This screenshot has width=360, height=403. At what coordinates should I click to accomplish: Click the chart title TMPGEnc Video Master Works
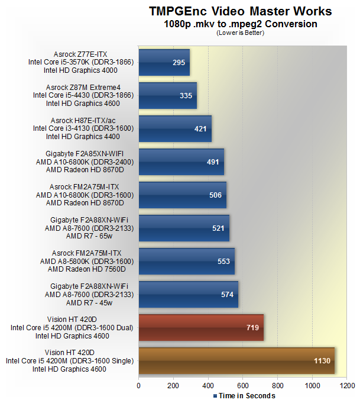pos(240,11)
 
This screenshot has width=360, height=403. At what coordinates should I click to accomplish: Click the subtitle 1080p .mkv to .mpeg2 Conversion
pos(240,24)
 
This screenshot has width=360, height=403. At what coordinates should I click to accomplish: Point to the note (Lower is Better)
pos(240,33)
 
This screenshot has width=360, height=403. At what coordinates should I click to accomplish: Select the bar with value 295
pos(164,62)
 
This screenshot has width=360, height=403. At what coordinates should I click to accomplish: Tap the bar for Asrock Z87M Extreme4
pos(167,95)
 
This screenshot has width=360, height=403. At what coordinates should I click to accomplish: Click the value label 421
pos(202,128)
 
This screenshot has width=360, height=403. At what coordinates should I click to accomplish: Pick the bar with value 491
pos(181,162)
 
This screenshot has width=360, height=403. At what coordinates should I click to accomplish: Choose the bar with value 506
pos(182,195)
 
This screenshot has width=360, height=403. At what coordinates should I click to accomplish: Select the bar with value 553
pos(186,261)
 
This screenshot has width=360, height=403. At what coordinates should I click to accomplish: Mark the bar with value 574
pos(188,294)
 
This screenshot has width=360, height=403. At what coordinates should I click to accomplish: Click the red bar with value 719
pos(201,327)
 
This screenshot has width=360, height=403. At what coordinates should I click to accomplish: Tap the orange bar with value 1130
pos(236,360)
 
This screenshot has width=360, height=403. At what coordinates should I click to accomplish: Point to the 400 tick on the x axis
pos(208,385)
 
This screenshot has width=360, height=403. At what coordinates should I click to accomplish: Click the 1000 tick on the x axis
pos(312,385)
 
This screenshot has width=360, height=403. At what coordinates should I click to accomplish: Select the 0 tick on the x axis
pos(139,385)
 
